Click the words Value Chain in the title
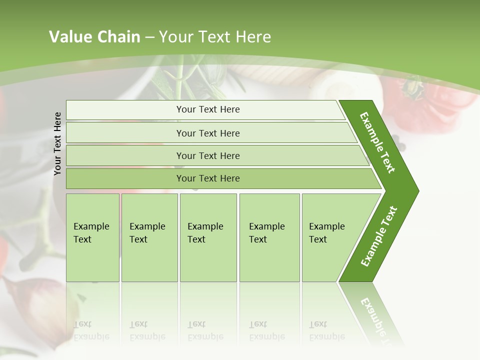click(94, 37)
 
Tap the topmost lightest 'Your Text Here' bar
click(208, 109)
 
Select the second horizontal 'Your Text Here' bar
click(208, 133)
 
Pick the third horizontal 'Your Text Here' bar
click(208, 155)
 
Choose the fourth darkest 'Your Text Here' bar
click(208, 178)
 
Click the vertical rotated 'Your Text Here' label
click(57, 143)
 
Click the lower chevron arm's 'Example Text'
click(378, 236)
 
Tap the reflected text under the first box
click(91, 330)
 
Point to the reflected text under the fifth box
click(326, 330)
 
